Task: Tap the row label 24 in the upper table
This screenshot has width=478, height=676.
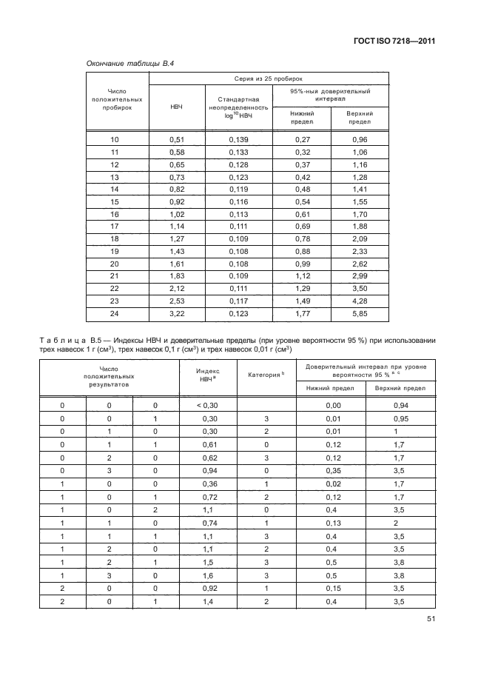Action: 114,315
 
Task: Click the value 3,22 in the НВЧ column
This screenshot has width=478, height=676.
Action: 176,315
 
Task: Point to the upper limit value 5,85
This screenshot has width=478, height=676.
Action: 360,315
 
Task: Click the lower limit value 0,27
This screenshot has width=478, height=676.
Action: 302,139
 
